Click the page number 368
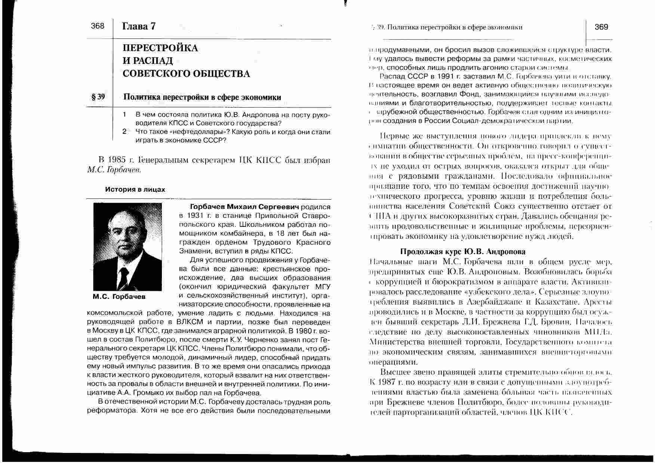click(98, 26)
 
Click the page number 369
click(601, 27)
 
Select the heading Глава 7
click(139, 26)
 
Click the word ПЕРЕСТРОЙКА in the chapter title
click(160, 48)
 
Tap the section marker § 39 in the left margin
click(98, 97)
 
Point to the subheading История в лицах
click(135, 189)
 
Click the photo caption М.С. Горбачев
click(119, 297)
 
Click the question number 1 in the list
click(124, 114)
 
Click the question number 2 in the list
click(124, 132)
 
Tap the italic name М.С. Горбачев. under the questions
click(114, 170)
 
